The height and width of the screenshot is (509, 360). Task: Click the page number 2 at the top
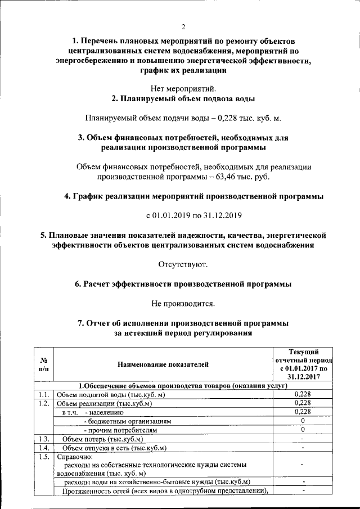pos(183,26)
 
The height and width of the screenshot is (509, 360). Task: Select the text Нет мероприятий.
pos(183,88)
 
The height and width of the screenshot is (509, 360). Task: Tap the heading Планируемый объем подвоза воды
pos(183,99)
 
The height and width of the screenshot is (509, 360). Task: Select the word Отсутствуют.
pos(183,264)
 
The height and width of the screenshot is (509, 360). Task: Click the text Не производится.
pos(183,303)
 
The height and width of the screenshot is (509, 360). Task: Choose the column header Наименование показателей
pos(163,364)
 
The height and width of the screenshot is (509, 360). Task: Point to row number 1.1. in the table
pos(44,394)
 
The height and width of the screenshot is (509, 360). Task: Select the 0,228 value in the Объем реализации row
pos(303,403)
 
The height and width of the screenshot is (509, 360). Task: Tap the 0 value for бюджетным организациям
pos(303,421)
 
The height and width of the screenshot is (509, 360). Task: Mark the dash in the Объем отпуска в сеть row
pos(303,448)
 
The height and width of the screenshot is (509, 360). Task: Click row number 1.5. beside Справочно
pos(44,457)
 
